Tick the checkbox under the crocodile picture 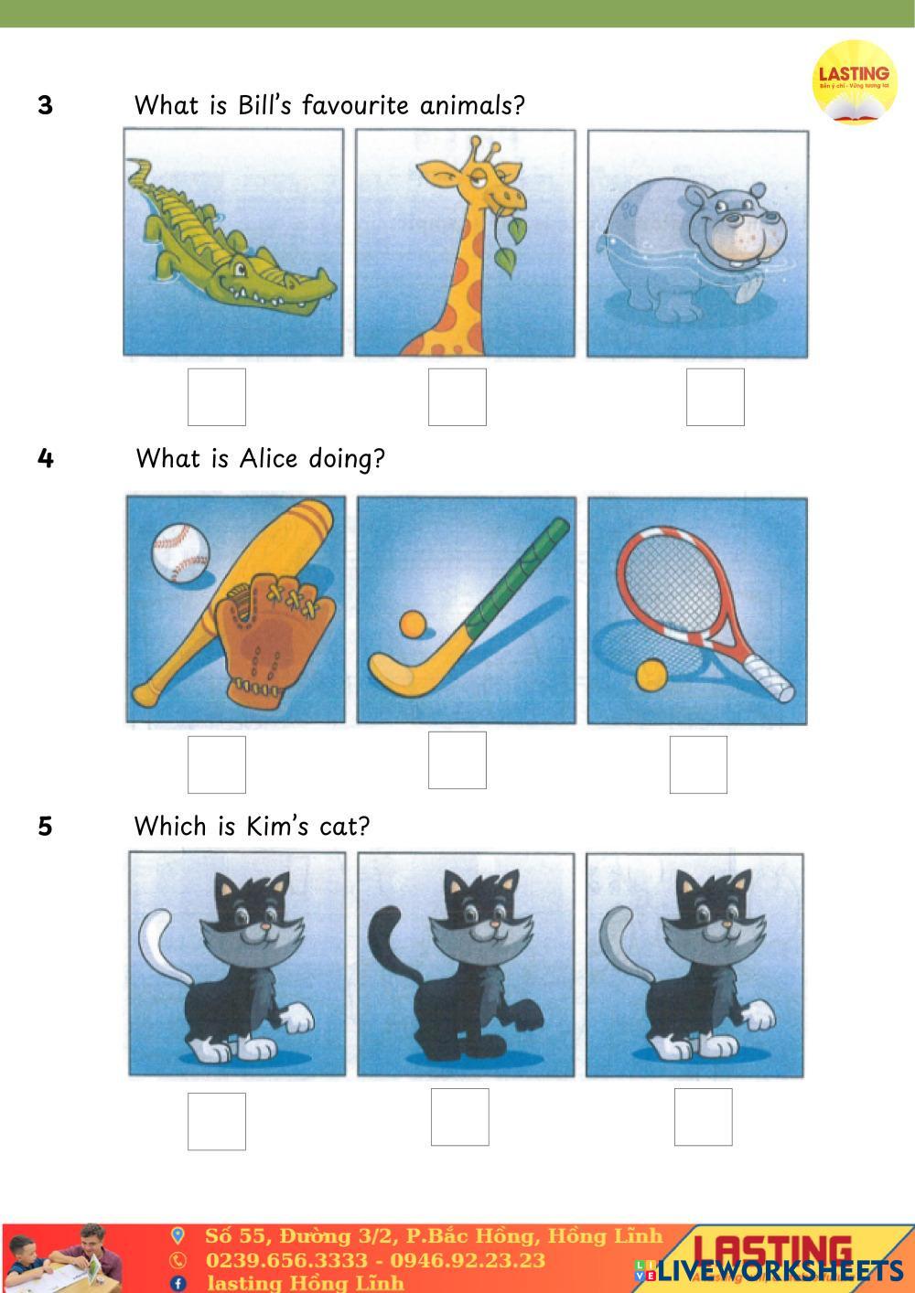[217, 397]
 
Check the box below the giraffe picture [457, 397]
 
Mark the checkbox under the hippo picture [716, 397]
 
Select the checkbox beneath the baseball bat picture [217, 764]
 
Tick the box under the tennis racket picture [698, 764]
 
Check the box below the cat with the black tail [460, 1117]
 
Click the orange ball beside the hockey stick [413, 625]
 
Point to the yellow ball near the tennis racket [651, 676]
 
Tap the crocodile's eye [241, 269]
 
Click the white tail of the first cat [162, 948]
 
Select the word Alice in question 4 [269, 459]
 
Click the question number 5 [45, 827]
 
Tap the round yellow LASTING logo [855, 82]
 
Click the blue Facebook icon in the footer [178, 1283]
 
